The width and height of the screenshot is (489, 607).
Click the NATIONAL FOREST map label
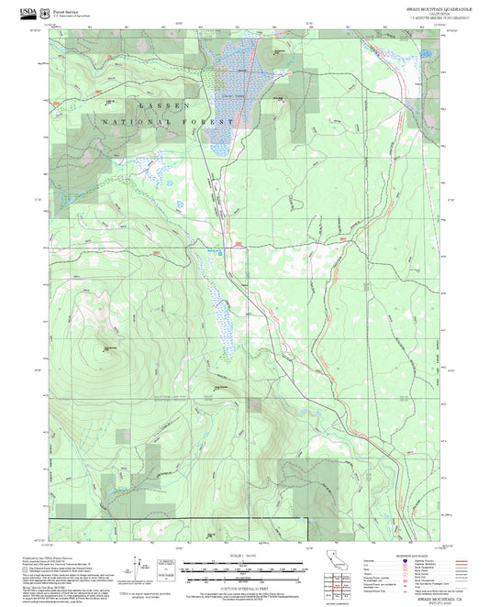pos(169,121)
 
